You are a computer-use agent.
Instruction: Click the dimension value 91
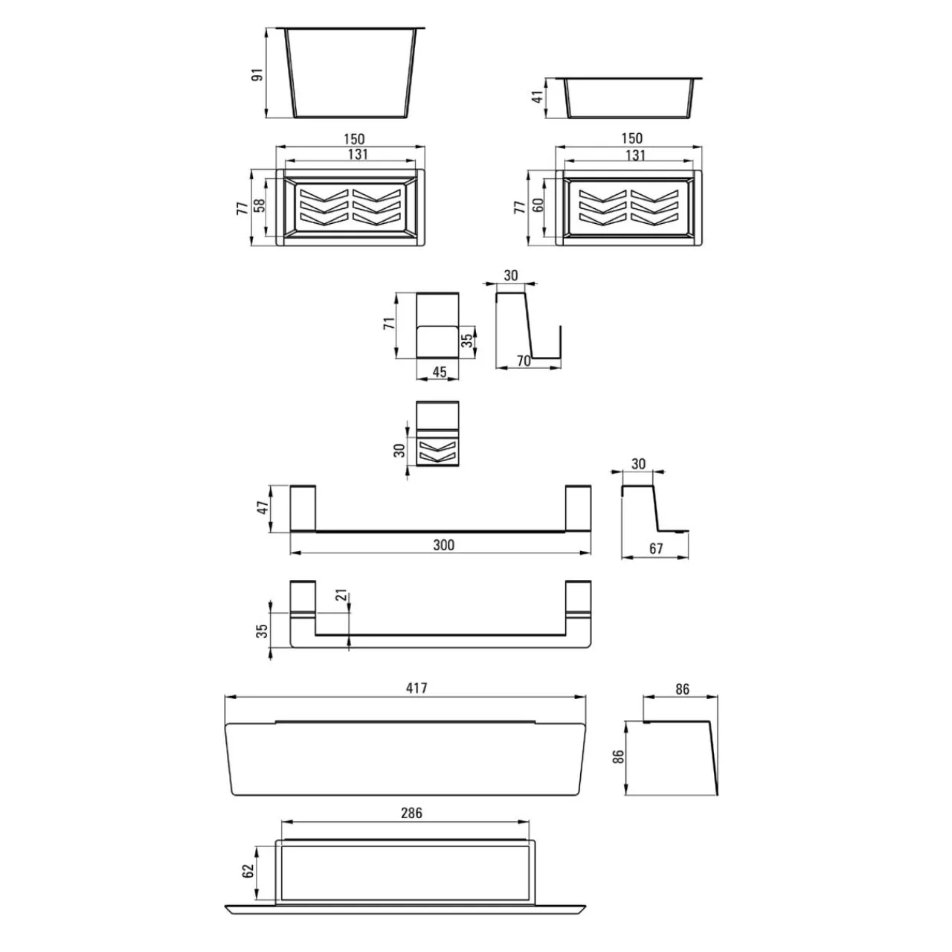point(258,74)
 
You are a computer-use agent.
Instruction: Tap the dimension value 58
point(260,205)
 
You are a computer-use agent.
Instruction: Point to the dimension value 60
point(538,205)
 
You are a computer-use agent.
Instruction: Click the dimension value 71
point(389,324)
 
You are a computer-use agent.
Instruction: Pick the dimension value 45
point(440,372)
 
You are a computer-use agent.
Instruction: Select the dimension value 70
point(524,361)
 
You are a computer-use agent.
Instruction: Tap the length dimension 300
point(443,545)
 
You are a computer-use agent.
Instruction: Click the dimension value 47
point(263,507)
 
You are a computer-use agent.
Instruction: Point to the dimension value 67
point(655,549)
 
